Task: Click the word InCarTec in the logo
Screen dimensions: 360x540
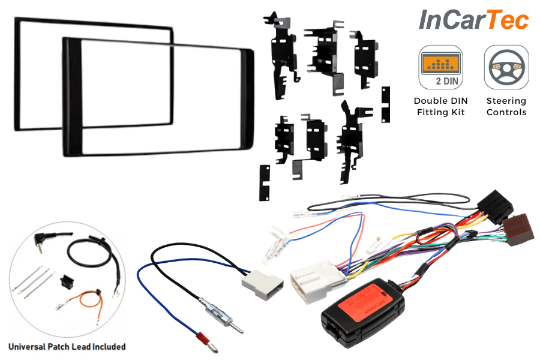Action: click(473, 20)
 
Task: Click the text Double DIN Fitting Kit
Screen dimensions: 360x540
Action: click(440, 106)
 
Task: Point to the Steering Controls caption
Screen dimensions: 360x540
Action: click(506, 106)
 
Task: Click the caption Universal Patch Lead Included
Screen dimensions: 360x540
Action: click(67, 346)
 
